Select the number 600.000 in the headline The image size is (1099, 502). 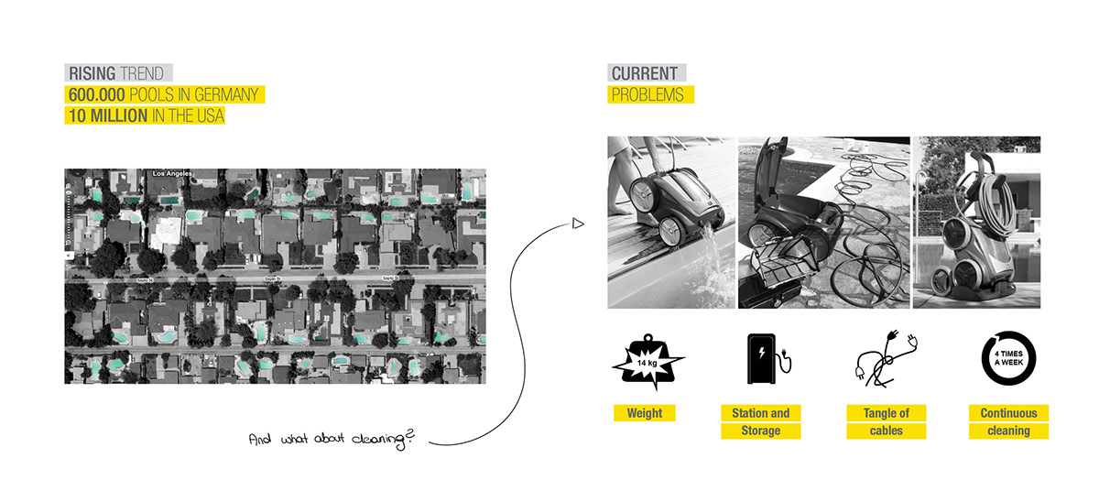[x=96, y=95]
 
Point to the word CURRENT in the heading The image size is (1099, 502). [x=645, y=73]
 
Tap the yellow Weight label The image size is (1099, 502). [x=645, y=413]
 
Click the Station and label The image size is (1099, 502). [x=760, y=413]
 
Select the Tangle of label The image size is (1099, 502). [x=886, y=413]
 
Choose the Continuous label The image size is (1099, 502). [x=1008, y=413]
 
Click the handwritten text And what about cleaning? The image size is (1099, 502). [x=332, y=441]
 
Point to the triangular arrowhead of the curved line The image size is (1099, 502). [x=577, y=223]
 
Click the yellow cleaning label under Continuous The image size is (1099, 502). [x=1008, y=431]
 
